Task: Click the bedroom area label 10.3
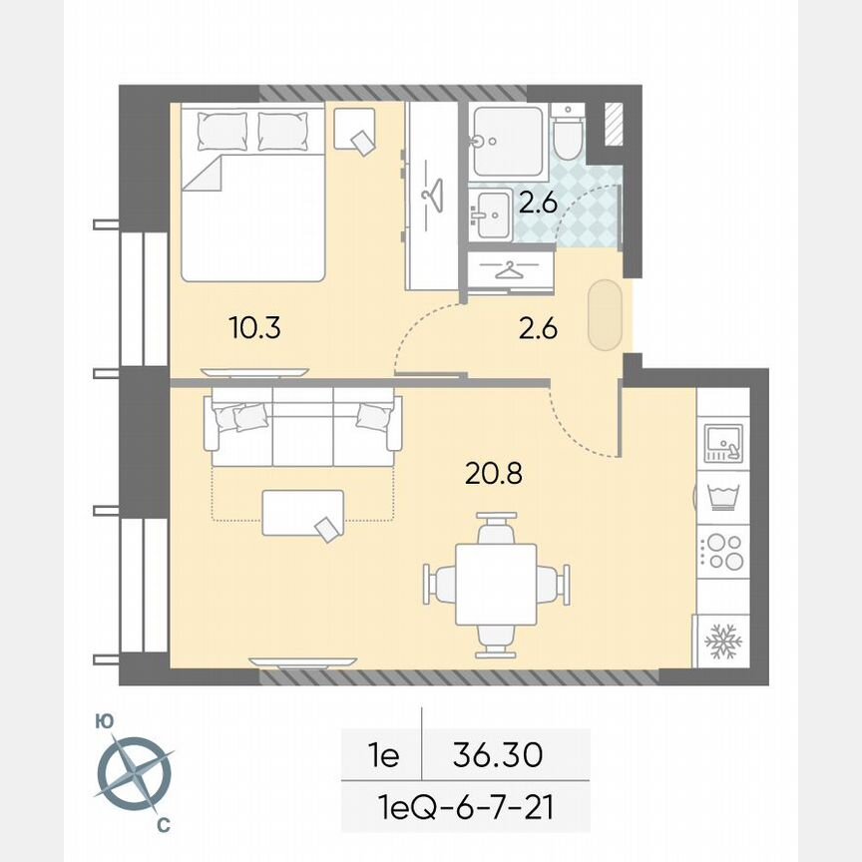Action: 254,328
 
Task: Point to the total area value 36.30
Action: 497,755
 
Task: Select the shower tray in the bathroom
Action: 507,141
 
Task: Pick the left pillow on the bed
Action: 220,130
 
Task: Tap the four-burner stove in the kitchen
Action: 722,551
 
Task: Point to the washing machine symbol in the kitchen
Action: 721,496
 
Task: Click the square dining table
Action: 496,584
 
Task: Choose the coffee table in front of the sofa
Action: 303,514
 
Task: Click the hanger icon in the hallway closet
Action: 509,270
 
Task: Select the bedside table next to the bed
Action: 354,130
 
